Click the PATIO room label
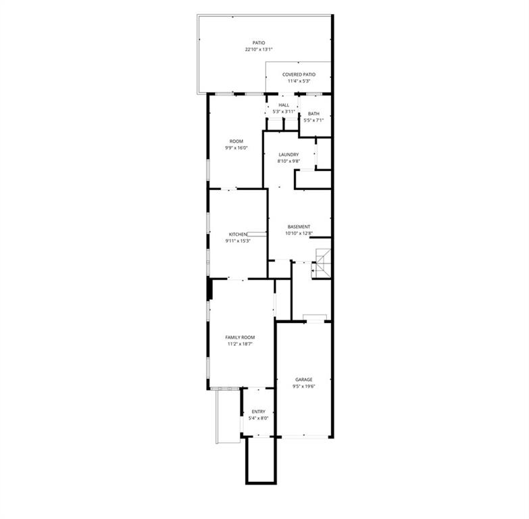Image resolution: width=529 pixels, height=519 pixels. coord(259,43)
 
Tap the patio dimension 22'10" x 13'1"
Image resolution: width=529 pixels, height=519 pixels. coord(259,49)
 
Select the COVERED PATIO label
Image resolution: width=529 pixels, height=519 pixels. coord(299,74)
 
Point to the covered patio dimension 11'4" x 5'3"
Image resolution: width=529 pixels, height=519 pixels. coord(299,81)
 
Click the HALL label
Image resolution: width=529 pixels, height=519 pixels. coord(284,105)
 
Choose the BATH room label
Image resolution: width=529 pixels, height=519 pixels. coord(313,114)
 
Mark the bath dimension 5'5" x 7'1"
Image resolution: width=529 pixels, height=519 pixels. coord(313,120)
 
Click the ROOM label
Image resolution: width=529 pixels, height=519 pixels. coord(236,141)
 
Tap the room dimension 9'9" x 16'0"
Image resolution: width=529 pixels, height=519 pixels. coord(236,148)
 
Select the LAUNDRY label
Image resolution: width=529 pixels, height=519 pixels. coord(288,155)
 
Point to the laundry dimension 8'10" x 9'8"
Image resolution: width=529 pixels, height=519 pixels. coord(288,162)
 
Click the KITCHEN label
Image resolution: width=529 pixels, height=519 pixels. coord(238,234)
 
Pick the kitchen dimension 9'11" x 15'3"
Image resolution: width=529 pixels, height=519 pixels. coord(238,241)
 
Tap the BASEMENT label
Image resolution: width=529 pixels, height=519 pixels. coord(299,227)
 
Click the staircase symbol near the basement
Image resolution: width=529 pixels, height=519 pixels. coord(321,263)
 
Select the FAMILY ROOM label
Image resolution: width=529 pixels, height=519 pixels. coord(241,337)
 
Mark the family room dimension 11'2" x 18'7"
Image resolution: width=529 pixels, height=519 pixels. coord(241,344)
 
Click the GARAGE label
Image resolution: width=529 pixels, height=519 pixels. coord(304,380)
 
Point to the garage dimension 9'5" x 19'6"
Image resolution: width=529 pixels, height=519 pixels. coord(304,387)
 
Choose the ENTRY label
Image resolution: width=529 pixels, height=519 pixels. coord(259,412)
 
